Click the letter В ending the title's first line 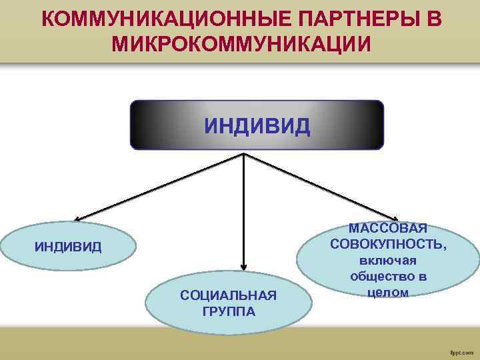[x=433, y=20]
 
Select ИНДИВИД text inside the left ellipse [x=68, y=247]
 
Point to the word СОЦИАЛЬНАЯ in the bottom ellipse [x=228, y=295]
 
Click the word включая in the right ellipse [x=388, y=261]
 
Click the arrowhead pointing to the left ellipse [x=77, y=219]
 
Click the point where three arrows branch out [x=244, y=155]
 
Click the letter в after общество [x=423, y=276]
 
